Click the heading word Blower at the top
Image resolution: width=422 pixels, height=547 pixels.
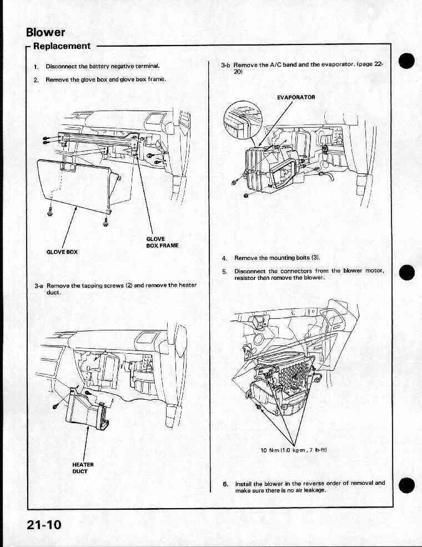(x=46, y=32)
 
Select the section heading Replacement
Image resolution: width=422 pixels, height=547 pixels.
(x=62, y=46)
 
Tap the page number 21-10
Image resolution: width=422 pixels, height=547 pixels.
(x=44, y=525)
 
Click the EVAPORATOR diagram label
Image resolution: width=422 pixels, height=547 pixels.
(x=296, y=97)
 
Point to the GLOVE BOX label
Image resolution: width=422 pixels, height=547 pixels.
(x=62, y=252)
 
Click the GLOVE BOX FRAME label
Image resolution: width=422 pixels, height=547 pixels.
(x=162, y=242)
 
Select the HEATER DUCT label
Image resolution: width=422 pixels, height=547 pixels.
(x=83, y=468)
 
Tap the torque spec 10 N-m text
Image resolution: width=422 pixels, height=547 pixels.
(x=294, y=450)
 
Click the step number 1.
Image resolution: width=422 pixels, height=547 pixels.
(x=36, y=66)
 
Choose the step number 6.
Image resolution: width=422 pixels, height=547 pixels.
(x=225, y=484)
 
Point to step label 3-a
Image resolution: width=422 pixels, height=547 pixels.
(x=39, y=285)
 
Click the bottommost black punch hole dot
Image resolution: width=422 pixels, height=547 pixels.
(x=406, y=485)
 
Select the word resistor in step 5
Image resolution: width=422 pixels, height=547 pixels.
(x=245, y=278)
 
